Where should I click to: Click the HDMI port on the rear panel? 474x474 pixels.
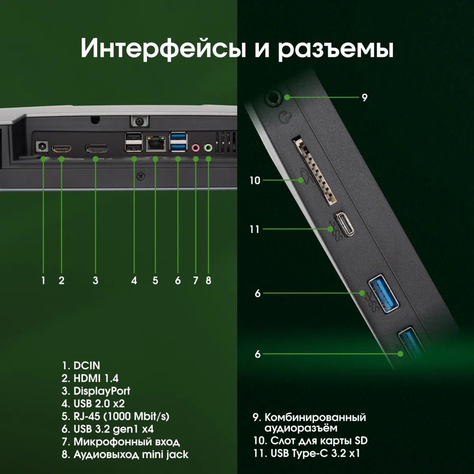click(61, 149)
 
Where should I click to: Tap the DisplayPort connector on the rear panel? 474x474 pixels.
click(96, 149)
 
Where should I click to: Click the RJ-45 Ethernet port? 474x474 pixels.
click(155, 145)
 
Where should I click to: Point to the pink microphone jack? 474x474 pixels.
click(196, 148)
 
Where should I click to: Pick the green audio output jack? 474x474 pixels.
click(208, 148)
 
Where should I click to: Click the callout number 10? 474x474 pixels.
click(255, 181)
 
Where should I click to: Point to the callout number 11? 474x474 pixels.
click(254, 229)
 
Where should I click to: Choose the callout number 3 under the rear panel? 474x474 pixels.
click(96, 280)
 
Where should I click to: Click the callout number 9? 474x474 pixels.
click(365, 98)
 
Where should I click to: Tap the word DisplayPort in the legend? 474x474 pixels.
click(102, 391)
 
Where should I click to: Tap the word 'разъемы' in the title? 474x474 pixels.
click(335, 49)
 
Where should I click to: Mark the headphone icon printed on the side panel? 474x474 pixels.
click(285, 117)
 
